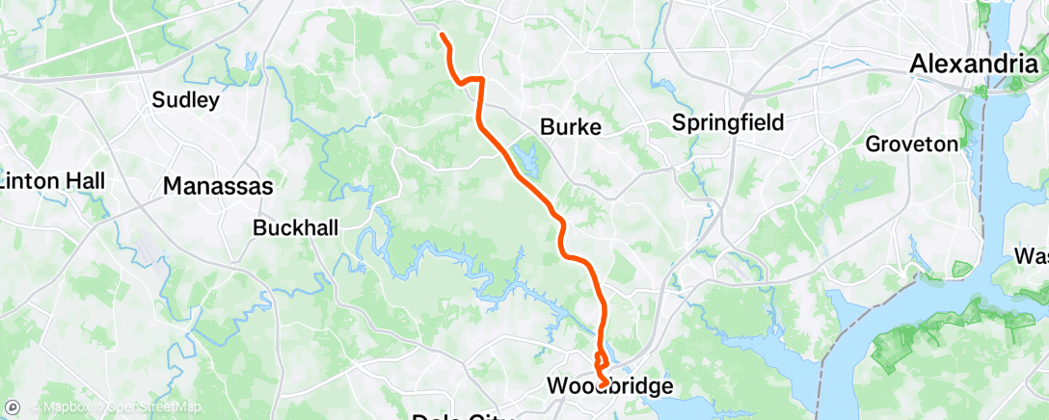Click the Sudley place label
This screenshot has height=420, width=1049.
click(x=187, y=99)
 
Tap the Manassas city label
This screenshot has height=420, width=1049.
click(x=219, y=186)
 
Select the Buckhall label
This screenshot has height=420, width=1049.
click(x=291, y=228)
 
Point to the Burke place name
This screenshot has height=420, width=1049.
click(x=571, y=126)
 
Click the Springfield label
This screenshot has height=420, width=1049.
click(x=728, y=122)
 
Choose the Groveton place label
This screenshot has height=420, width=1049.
click(x=912, y=144)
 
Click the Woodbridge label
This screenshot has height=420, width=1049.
click(x=608, y=385)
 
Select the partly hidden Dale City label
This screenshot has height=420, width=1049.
click(x=463, y=415)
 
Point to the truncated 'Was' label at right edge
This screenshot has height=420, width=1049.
click(x=1032, y=257)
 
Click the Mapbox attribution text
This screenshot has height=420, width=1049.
click(x=66, y=407)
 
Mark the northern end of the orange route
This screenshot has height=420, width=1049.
click(x=442, y=36)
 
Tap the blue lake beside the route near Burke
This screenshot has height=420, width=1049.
click(x=526, y=154)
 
